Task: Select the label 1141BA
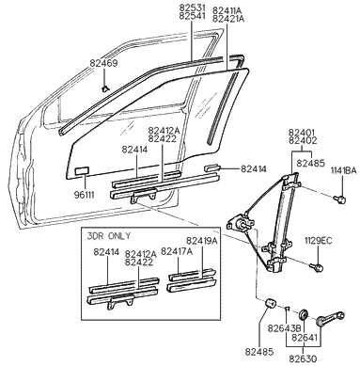[342, 170]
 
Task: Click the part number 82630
[304, 358]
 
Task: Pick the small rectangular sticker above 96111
[80, 172]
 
